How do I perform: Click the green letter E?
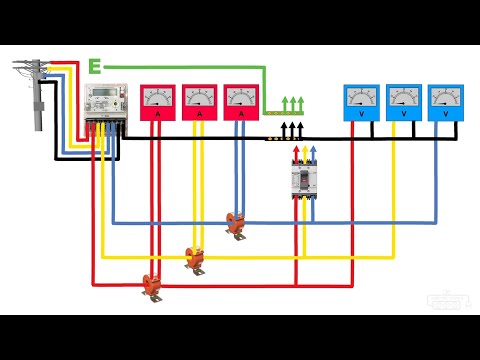click(x=95, y=67)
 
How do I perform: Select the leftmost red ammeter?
click(x=157, y=104)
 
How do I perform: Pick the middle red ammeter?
click(x=199, y=104)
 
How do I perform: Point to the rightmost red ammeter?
click(x=241, y=104)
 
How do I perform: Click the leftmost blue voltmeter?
click(x=360, y=104)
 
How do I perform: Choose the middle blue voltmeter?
click(x=403, y=104)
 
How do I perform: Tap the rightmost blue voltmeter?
click(x=446, y=104)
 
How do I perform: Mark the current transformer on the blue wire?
click(x=237, y=226)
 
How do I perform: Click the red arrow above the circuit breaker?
click(x=295, y=153)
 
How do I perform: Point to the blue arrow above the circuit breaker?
click(x=313, y=153)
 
